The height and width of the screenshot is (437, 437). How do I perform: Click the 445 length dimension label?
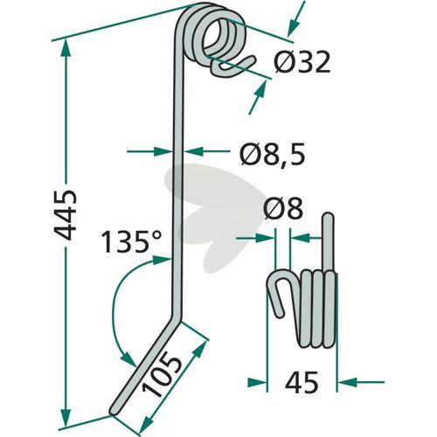(66, 216)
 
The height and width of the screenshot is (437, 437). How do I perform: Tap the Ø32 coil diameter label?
(302, 63)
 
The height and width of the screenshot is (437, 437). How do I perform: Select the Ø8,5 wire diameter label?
(273, 154)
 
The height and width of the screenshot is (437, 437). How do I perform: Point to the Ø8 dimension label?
(283, 208)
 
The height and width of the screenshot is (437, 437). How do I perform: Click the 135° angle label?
(130, 241)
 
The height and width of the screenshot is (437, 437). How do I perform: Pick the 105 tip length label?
(161, 374)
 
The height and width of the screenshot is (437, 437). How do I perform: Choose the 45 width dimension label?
(302, 382)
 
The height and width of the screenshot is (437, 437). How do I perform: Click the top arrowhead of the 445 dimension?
(66, 48)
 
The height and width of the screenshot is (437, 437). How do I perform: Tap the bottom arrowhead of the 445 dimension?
(66, 418)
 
